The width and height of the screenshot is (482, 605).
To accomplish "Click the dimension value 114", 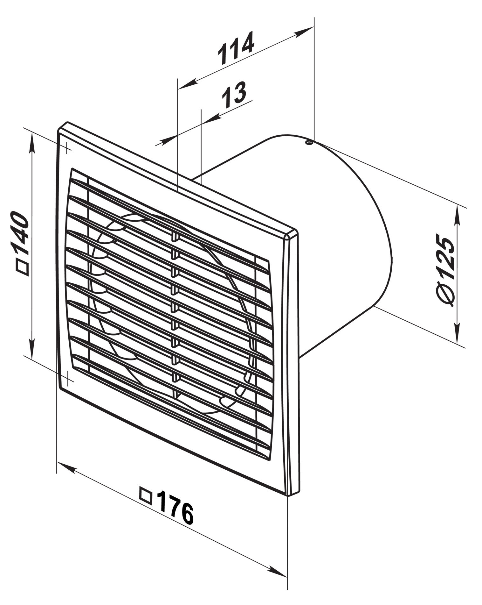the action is [236, 47].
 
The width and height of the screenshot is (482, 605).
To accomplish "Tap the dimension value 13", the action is [233, 94].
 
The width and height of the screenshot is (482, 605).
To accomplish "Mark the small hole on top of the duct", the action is [308, 142].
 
